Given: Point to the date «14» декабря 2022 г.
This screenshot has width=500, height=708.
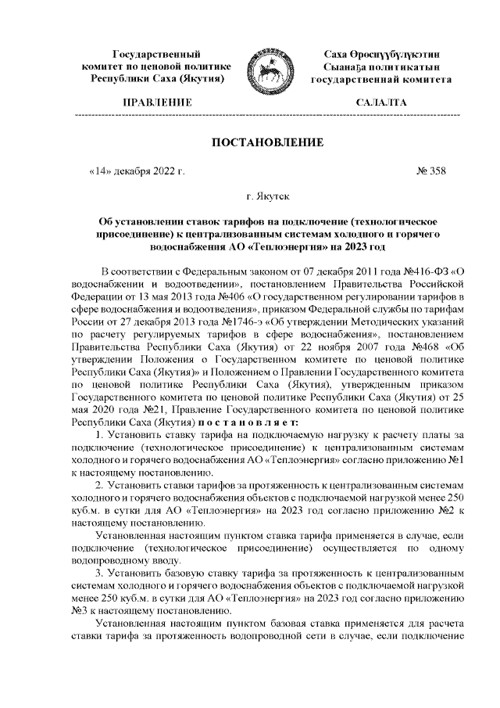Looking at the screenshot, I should pos(137,170).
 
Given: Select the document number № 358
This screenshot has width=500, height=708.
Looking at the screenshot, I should pos(431,170).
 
